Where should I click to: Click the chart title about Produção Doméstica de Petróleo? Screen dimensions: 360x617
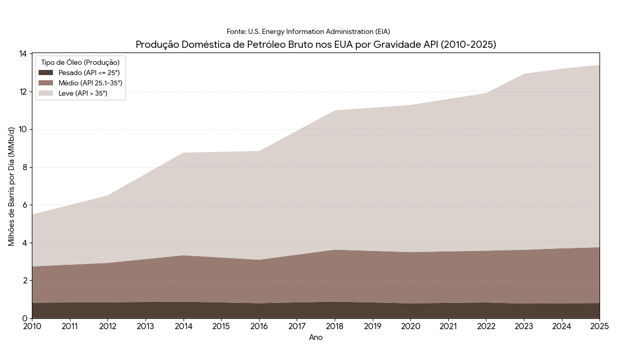pyautogui.click(x=316, y=45)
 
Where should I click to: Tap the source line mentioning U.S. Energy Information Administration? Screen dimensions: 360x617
pyautogui.click(x=308, y=32)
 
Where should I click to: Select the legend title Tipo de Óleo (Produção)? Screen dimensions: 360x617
pyautogui.click(x=80, y=62)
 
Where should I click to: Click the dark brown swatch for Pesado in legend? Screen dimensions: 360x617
pyautogui.click(x=46, y=73)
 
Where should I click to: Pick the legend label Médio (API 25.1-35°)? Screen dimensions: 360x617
pyautogui.click(x=90, y=83)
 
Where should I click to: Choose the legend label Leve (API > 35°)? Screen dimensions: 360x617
pyautogui.click(x=83, y=93)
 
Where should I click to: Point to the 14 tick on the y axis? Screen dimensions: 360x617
pyautogui.click(x=23, y=54)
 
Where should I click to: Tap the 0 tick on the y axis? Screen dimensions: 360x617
pyautogui.click(x=25, y=318)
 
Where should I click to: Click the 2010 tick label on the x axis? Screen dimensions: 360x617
pyautogui.click(x=32, y=326)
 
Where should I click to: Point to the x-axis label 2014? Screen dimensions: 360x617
pyautogui.click(x=183, y=326)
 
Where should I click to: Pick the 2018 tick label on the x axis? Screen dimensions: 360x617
pyautogui.click(x=335, y=326)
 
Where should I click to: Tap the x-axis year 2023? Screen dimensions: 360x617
pyautogui.click(x=524, y=326)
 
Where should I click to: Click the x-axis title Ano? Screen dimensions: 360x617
pyautogui.click(x=316, y=337)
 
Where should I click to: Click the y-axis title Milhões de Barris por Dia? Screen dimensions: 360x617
pyautogui.click(x=12, y=186)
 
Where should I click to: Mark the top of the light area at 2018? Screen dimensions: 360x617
pyautogui.click(x=335, y=111)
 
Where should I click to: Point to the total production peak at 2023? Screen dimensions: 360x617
pyautogui.click(x=524, y=74)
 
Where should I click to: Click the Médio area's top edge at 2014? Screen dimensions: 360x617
pyautogui.click(x=183, y=256)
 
